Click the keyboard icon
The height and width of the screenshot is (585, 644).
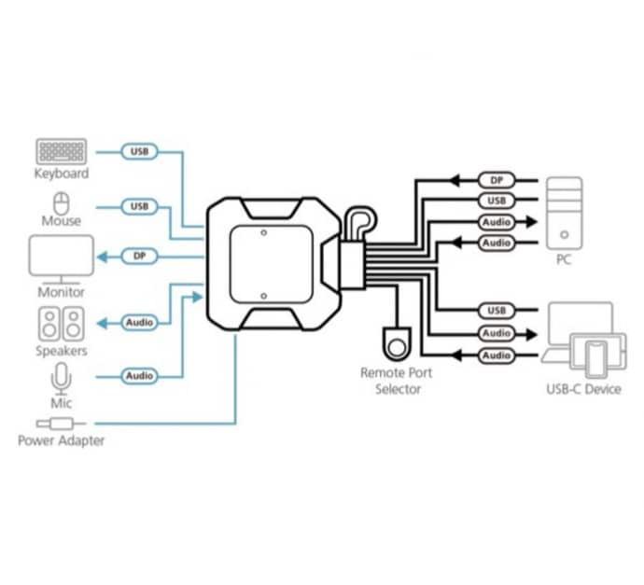[62, 151]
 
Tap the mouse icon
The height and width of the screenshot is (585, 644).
[62, 203]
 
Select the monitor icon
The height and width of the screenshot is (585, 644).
[62, 259]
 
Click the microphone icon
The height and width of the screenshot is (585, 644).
[62, 379]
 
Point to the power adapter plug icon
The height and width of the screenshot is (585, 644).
[61, 424]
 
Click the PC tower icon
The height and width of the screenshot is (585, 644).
[564, 213]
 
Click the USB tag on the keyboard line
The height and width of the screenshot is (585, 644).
[139, 151]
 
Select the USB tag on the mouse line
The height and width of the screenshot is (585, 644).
[139, 206]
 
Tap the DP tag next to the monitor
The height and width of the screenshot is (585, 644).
[139, 257]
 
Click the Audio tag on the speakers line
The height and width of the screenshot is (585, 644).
[139, 322]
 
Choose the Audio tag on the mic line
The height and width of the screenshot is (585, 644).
[139, 376]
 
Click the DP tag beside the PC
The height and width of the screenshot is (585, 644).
[497, 180]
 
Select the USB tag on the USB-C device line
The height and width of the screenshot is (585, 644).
[497, 311]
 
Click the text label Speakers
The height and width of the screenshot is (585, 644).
[62, 351]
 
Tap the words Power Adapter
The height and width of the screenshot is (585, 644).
[62, 441]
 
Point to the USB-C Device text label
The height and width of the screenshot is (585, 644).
[583, 389]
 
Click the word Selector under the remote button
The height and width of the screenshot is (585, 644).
[398, 389]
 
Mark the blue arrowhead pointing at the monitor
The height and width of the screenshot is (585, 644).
[103, 257]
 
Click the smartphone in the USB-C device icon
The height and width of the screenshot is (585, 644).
[596, 359]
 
